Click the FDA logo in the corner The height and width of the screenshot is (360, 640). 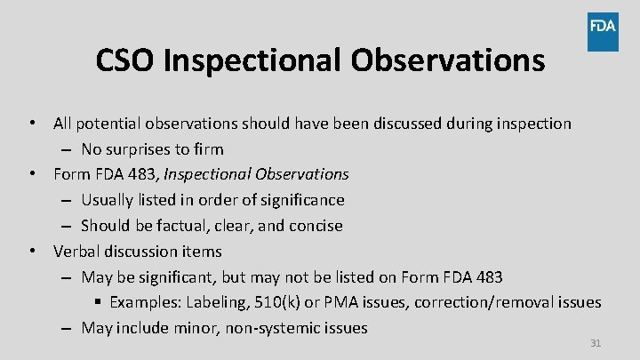coord(603,32)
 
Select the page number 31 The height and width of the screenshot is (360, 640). coord(596,342)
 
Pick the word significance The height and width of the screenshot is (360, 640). coord(299,200)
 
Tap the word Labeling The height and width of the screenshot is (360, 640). coord(217,302)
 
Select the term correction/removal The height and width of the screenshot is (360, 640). coord(488,302)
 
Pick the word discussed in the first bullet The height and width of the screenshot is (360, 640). coord(380,124)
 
